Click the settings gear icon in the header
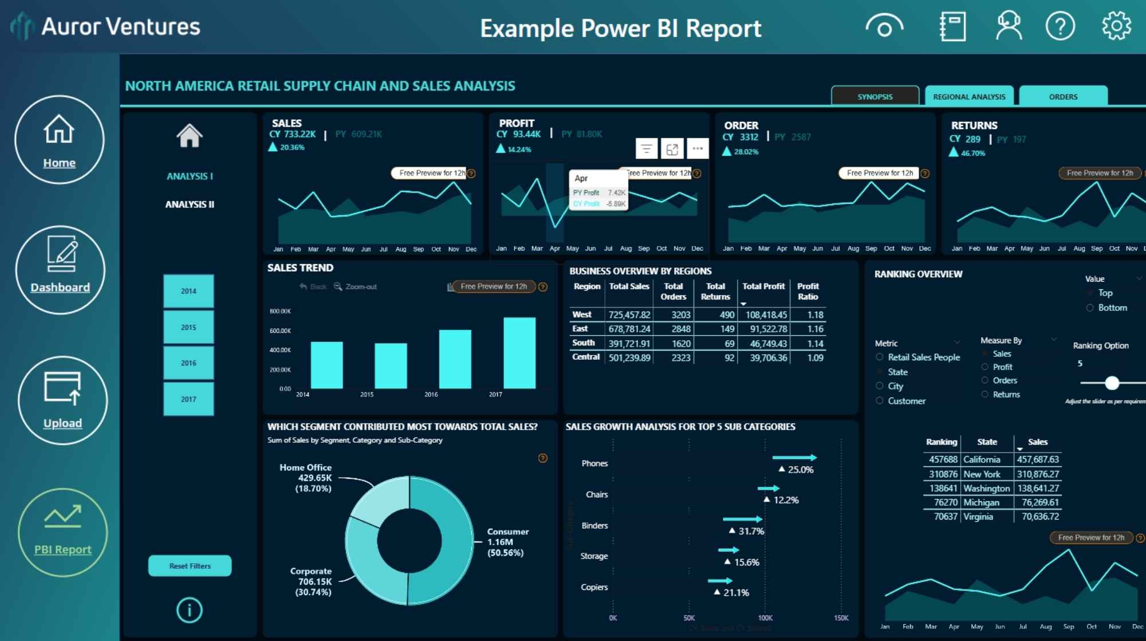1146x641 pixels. [x=1116, y=26]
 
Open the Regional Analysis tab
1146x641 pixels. [x=969, y=96]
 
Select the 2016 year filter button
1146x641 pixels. [x=188, y=363]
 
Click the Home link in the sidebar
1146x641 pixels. [x=59, y=163]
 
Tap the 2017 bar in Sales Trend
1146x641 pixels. [x=519, y=353]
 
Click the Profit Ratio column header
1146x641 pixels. [x=808, y=291]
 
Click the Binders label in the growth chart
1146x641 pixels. [x=594, y=525]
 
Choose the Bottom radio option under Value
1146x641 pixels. [x=1090, y=308]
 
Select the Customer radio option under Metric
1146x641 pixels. [x=880, y=401]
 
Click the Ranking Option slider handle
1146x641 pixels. [x=1112, y=383]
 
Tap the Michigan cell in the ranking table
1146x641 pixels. [x=981, y=502]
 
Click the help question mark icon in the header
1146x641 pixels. [x=1060, y=26]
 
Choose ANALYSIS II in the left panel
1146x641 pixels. [x=190, y=205]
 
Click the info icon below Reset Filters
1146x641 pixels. [x=189, y=610]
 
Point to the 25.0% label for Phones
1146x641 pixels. [x=800, y=470]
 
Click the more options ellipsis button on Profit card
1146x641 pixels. [x=698, y=149]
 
